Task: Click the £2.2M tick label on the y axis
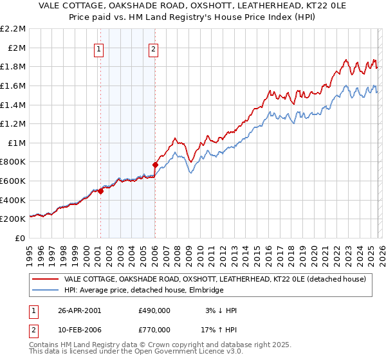13,29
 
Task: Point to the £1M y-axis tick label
16,143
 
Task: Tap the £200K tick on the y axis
13,219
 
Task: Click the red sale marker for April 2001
101,191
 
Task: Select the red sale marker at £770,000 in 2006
155,165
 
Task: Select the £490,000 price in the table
154,310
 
